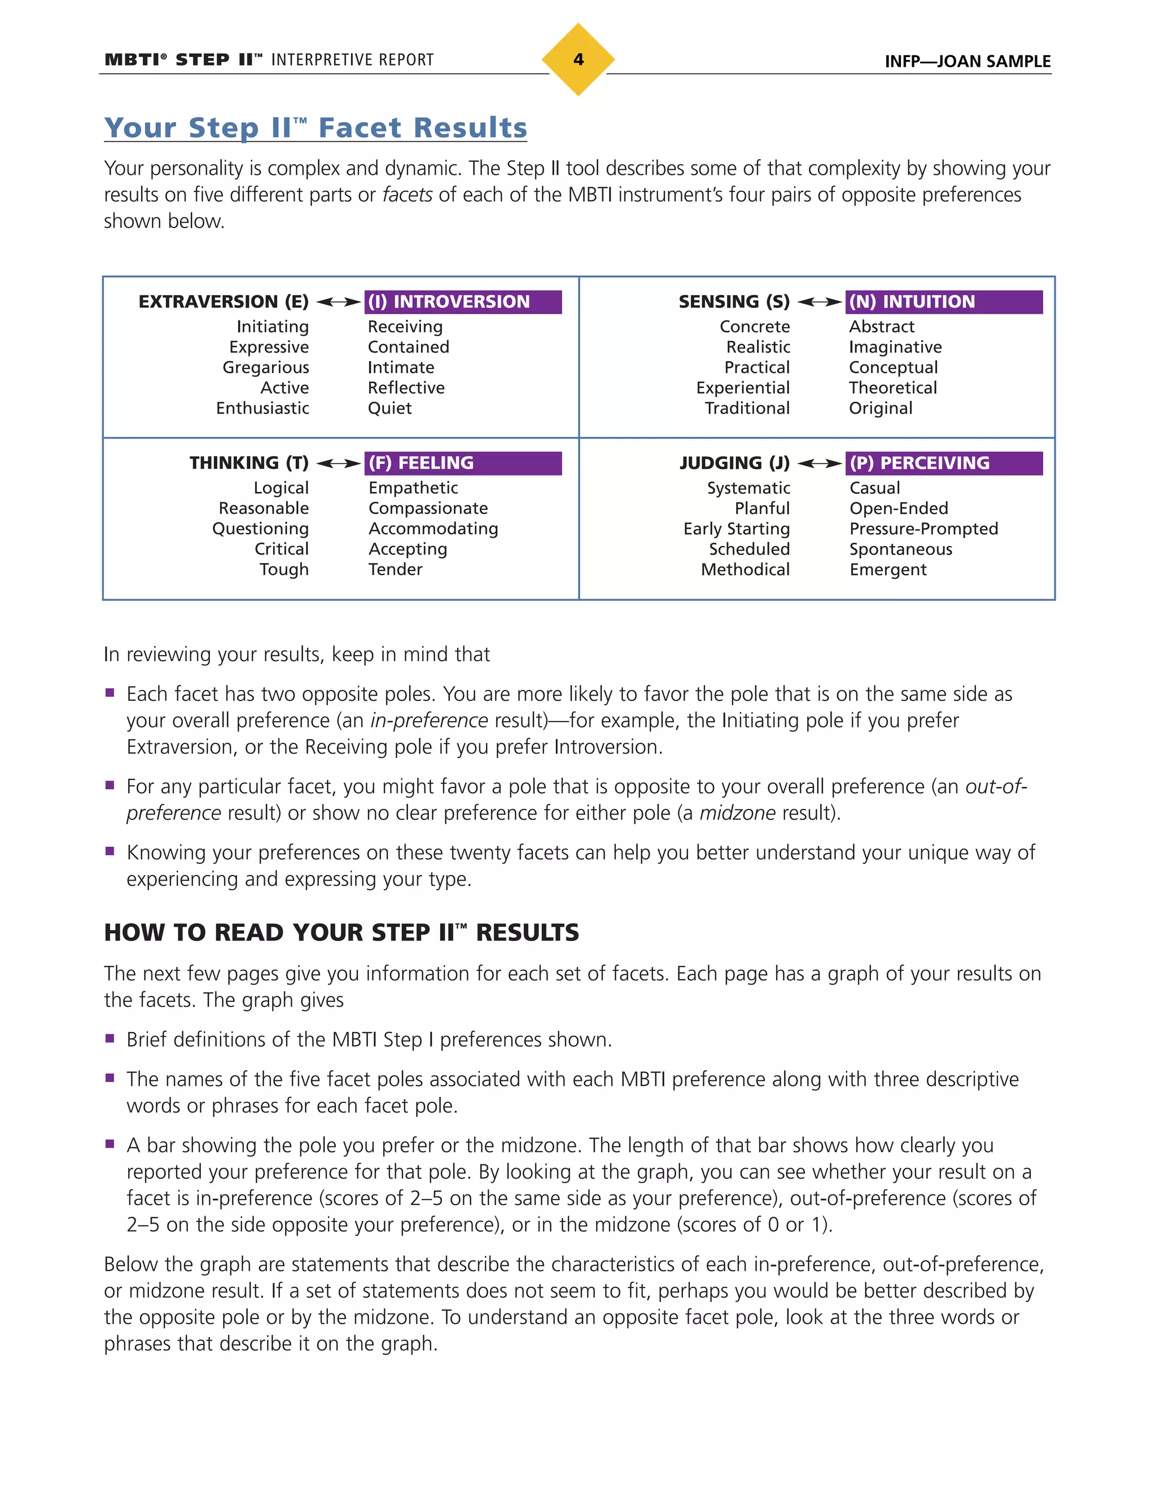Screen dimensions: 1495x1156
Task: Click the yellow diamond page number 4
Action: pos(578,60)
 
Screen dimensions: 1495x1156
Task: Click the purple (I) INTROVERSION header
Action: pos(462,302)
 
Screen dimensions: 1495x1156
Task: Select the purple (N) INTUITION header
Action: pos(943,302)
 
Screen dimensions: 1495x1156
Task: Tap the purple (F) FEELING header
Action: pos(462,463)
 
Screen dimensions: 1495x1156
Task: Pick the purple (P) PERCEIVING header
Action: pos(943,463)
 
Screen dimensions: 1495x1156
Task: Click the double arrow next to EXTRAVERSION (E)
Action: pos(338,302)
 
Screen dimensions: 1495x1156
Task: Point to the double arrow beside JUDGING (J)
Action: pos(820,463)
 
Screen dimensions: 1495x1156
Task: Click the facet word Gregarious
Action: pos(266,368)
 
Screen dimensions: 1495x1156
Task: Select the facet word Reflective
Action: pos(406,388)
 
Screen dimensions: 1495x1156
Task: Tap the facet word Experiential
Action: pos(742,388)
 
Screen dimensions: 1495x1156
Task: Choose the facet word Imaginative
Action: pos(895,347)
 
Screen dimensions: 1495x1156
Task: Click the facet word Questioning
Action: pos(260,529)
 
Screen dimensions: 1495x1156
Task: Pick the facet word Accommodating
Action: pos(433,529)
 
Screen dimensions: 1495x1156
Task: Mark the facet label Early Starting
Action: pos(736,529)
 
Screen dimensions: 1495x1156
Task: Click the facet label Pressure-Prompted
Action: pos(923,529)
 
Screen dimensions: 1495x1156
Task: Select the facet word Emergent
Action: pos(887,570)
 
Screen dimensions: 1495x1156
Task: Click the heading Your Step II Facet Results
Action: pos(316,128)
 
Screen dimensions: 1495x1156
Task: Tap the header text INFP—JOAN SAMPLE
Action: pos(967,61)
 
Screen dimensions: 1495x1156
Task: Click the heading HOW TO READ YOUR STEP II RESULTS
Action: pos(341,933)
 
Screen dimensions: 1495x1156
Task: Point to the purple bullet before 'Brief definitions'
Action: pos(110,1039)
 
